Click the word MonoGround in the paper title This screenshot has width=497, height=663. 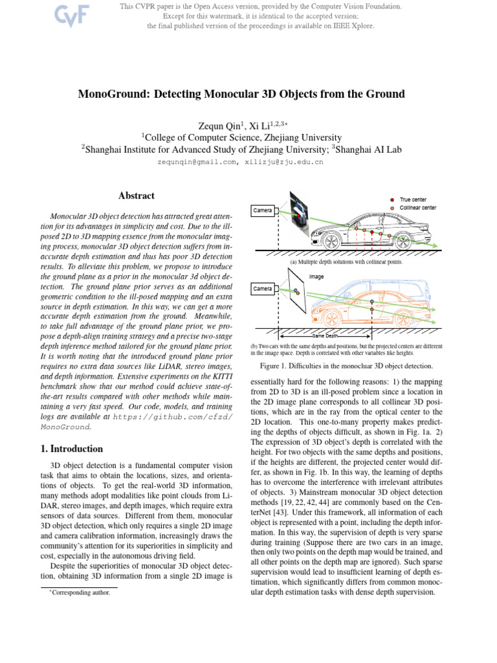[114, 94]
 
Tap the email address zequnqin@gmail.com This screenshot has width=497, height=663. [197, 162]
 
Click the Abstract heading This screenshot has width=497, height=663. [136, 196]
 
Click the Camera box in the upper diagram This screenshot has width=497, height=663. [263, 210]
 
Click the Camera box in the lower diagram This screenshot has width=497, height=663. [263, 288]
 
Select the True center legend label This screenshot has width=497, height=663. [413, 199]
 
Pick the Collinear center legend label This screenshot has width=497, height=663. [417, 208]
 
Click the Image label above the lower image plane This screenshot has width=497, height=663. [316, 276]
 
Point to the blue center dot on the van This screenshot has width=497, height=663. [371, 302]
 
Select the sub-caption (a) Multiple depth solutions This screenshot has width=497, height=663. [341, 262]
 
